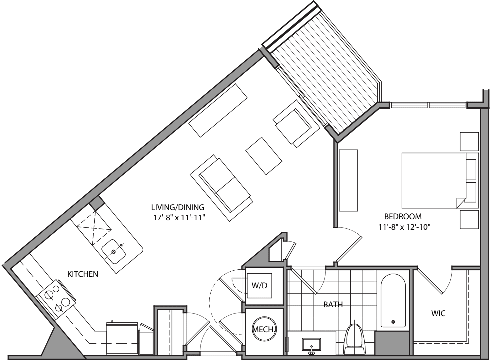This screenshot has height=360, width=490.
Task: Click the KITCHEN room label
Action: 82,274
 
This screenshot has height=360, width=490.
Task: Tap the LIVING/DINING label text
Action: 178,207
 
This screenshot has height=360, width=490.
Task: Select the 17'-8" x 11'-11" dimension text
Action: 178,217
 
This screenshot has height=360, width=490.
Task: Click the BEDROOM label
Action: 403,216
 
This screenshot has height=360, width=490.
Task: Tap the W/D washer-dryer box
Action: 259,285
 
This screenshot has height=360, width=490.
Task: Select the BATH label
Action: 333,305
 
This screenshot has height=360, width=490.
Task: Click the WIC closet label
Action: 438,314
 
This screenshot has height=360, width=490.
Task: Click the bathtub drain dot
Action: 393,322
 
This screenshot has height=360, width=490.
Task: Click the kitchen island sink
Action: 114,251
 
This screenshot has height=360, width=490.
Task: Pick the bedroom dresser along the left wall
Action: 348,180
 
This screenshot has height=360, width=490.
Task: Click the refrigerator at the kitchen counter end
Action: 122,338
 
